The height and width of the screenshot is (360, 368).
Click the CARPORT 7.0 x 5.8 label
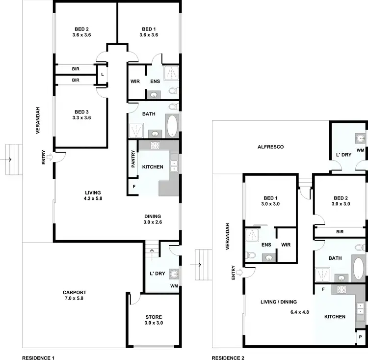click(x=75, y=295)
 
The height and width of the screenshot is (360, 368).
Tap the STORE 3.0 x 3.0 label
click(x=154, y=320)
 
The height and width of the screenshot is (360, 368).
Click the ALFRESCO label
click(x=271, y=147)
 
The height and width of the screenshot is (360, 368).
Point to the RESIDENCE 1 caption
click(x=38, y=359)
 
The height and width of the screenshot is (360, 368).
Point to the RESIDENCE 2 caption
click(x=228, y=359)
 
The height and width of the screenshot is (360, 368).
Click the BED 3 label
click(x=81, y=114)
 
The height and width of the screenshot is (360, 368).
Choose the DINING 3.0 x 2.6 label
click(x=153, y=219)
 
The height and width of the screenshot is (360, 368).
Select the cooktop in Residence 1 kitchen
click(x=156, y=145)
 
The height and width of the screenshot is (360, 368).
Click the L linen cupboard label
click(x=102, y=74)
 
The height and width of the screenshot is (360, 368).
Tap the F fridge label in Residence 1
click(x=134, y=187)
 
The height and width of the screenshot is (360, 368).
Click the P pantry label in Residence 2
click(x=361, y=337)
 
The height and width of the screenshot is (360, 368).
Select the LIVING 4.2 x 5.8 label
click(x=92, y=195)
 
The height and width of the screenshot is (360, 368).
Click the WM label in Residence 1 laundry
click(x=174, y=286)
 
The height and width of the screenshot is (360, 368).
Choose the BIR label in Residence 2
click(x=340, y=232)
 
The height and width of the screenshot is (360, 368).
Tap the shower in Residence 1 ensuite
click(x=171, y=73)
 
